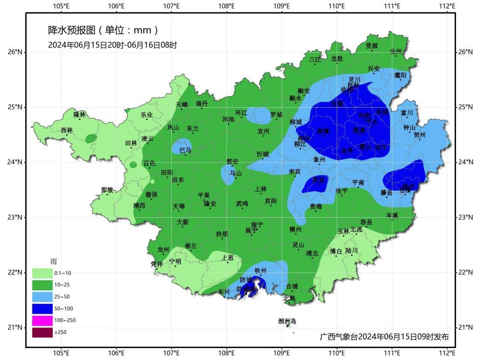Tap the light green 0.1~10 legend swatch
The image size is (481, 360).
(x=42, y=273)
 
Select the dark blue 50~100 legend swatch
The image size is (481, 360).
(x=42, y=308)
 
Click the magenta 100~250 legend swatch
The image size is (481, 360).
(x=42, y=320)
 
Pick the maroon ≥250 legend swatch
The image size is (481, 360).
(x=42, y=332)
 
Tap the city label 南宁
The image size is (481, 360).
(x=257, y=225)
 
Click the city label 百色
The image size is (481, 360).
(x=150, y=163)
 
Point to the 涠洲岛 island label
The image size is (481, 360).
(x=287, y=321)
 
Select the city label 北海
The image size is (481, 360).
(x=289, y=298)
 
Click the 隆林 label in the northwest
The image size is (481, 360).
(x=79, y=114)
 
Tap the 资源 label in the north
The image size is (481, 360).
(x=371, y=46)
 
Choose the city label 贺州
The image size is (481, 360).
(x=420, y=135)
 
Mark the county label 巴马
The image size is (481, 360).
(x=185, y=150)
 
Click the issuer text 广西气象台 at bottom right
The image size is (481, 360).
(x=338, y=336)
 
